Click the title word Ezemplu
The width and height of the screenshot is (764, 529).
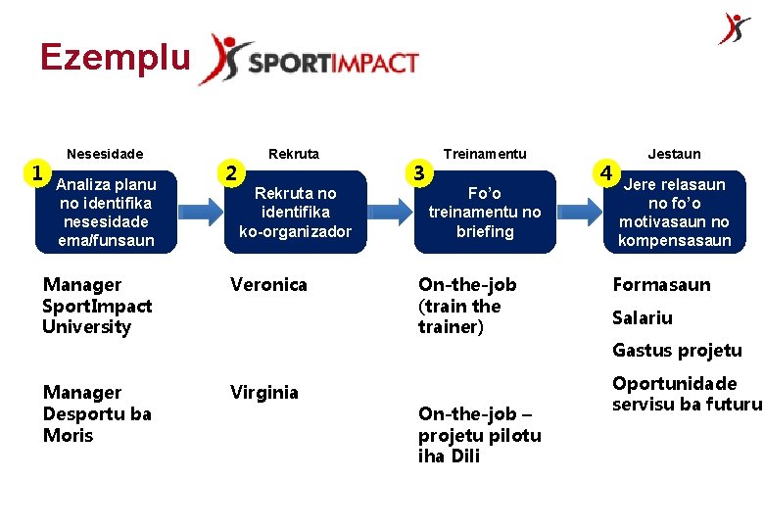click(115, 58)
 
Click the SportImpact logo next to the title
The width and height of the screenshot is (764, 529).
click(309, 61)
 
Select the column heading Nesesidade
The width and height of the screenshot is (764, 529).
click(105, 154)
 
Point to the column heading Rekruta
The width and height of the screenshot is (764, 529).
click(294, 154)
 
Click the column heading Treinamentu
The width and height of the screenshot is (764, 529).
click(485, 154)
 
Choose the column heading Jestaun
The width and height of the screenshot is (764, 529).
click(674, 154)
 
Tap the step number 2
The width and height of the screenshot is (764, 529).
click(230, 173)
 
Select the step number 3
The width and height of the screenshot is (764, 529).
click(419, 173)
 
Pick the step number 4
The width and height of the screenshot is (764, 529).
click(607, 173)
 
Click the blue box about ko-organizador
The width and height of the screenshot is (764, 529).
click(295, 212)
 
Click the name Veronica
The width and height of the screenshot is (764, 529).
click(268, 285)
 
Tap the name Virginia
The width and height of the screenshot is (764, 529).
click(264, 393)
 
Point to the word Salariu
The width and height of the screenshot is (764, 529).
click(643, 318)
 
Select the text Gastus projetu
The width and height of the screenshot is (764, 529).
click(677, 351)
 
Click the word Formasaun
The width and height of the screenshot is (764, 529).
click(661, 285)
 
